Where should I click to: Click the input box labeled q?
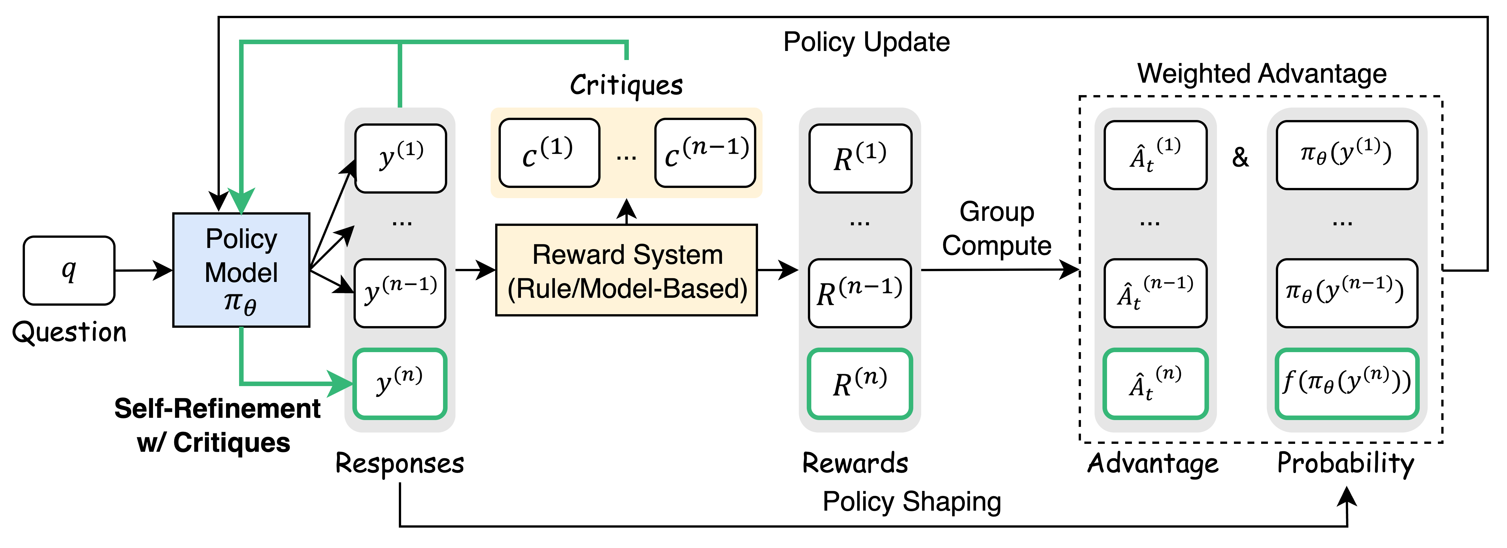pos(69,270)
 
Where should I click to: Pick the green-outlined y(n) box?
pos(400,384)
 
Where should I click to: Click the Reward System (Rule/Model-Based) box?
pos(627,270)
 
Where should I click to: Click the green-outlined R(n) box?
pos(860,384)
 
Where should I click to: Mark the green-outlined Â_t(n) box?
pos(1155,384)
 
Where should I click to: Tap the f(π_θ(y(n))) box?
pos(1347,384)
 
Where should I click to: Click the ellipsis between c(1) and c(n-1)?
pos(627,157)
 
